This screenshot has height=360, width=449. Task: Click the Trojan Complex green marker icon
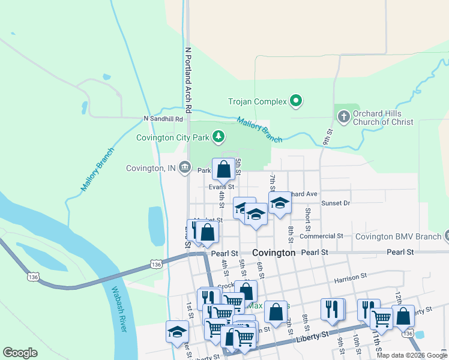pyautogui.click(x=295, y=101)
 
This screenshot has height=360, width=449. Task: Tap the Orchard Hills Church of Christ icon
pyautogui.click(x=343, y=116)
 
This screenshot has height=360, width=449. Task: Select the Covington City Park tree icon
pyautogui.click(x=219, y=137)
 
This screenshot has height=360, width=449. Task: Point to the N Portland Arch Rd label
pyautogui.click(x=188, y=80)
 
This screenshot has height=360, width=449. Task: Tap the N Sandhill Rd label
pyautogui.click(x=163, y=119)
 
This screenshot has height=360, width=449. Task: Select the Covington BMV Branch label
pyautogui.click(x=399, y=236)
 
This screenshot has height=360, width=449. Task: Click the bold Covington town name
pyautogui.click(x=274, y=253)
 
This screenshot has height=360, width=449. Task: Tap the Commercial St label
pyautogui.click(x=321, y=236)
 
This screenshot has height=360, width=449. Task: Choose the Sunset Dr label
pyautogui.click(x=336, y=203)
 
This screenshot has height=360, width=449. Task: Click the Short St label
pyautogui.click(x=307, y=219)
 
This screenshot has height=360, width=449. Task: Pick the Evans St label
pyautogui.click(x=221, y=187)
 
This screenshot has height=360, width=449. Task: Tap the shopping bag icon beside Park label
pyautogui.click(x=224, y=170)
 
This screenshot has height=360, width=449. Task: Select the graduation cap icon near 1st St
pyautogui.click(x=177, y=332)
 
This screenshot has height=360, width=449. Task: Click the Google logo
pyautogui.click(x=20, y=353)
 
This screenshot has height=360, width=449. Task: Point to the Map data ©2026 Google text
pyautogui.click(x=412, y=355)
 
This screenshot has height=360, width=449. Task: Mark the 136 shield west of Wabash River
pyautogui.click(x=32, y=277)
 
